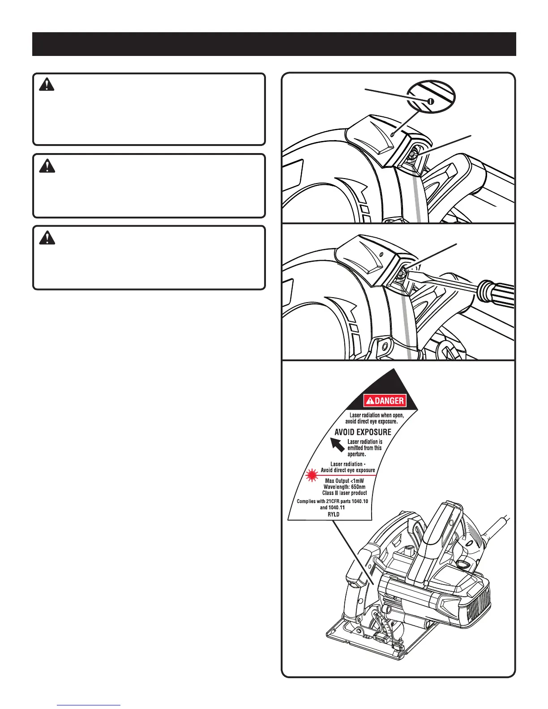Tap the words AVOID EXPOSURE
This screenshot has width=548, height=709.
click(x=363, y=432)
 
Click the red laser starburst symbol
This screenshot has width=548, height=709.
click(x=311, y=476)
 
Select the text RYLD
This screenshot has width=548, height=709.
click(x=333, y=514)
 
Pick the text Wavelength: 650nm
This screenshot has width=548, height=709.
click(x=344, y=487)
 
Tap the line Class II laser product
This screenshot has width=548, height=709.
click(x=344, y=493)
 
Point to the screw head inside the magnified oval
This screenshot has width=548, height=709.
click(x=431, y=101)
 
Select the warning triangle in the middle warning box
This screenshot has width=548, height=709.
click(x=47, y=166)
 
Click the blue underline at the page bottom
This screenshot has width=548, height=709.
click(x=89, y=705)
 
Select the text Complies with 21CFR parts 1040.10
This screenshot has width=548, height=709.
click(x=332, y=501)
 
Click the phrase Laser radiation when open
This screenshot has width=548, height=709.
click(x=376, y=415)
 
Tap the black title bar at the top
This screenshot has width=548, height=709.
click(x=274, y=44)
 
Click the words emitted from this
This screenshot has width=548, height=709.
click(x=364, y=448)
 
